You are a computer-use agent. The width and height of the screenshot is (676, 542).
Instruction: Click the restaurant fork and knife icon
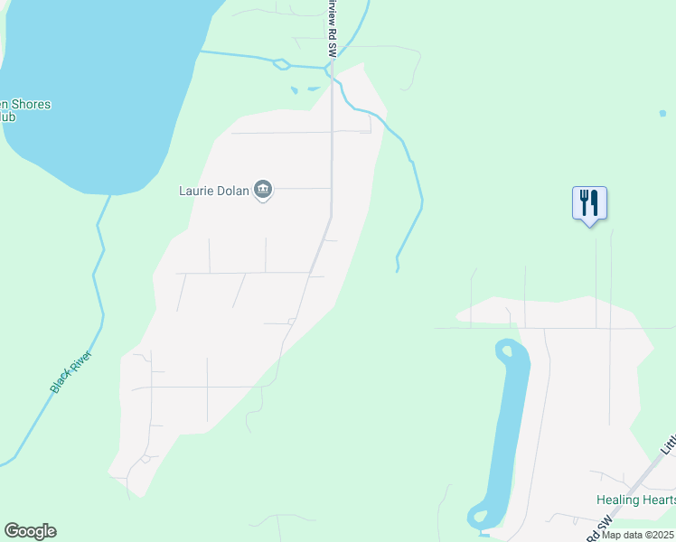589,202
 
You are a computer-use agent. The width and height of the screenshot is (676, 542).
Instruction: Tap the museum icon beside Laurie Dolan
263,190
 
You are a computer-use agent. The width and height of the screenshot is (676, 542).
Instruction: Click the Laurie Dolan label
214,191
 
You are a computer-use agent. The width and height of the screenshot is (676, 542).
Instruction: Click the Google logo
30,531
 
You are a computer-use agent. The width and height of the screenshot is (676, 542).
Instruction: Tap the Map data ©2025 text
638,535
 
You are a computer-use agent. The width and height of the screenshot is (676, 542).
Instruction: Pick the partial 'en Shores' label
25,104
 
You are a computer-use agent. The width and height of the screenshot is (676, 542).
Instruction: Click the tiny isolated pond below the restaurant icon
662,114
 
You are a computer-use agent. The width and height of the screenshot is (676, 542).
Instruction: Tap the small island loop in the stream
282,64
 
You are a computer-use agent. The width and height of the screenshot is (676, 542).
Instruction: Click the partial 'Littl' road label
668,443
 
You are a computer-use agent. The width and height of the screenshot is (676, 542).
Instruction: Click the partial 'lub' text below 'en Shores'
7,117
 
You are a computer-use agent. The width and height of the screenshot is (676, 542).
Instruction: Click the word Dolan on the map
232,191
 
